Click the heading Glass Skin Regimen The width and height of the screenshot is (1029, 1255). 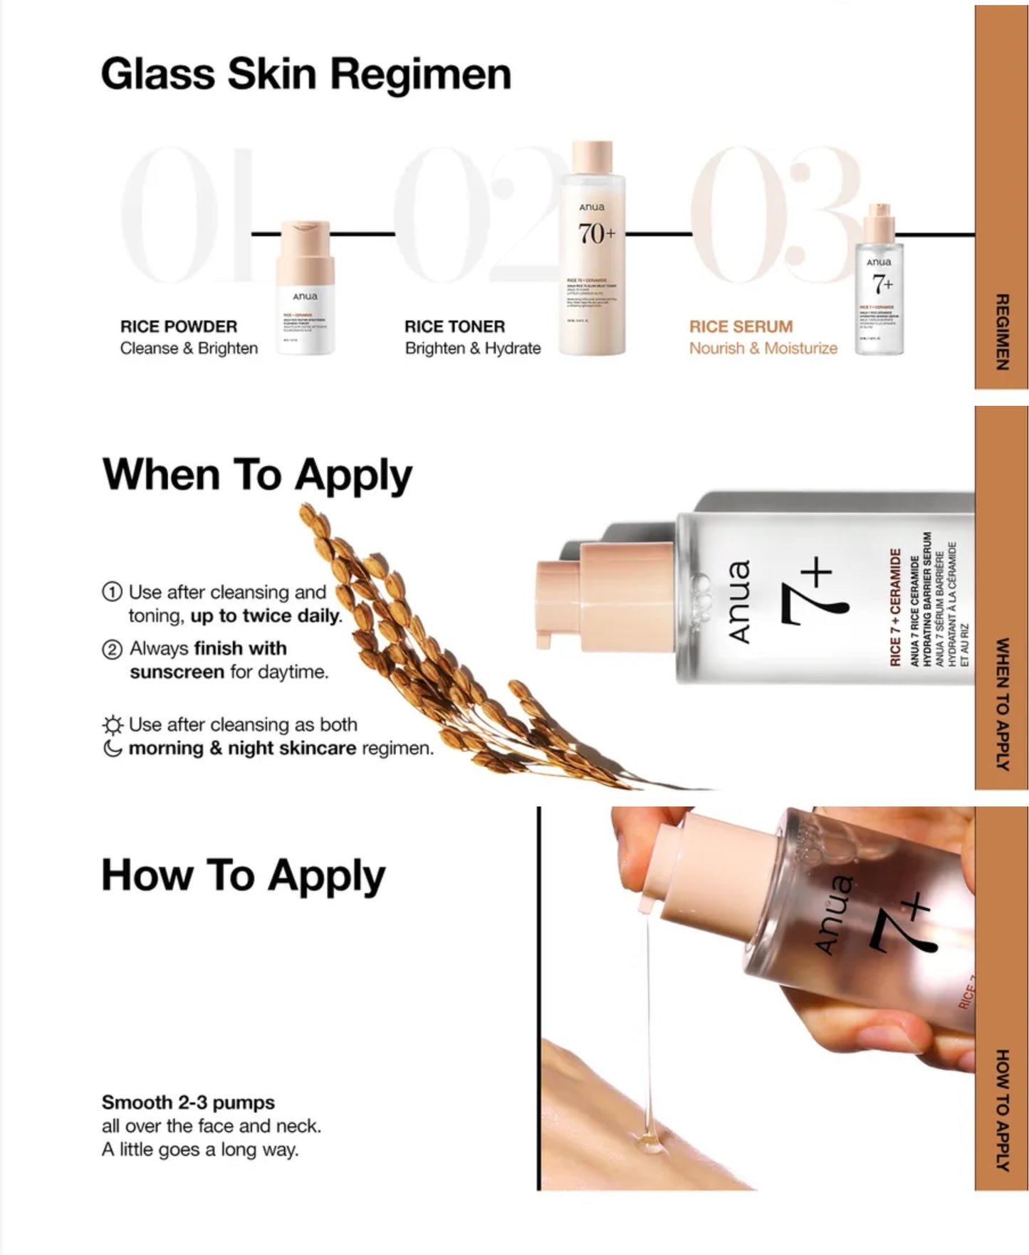point(305,74)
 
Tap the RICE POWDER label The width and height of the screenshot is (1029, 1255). point(178,327)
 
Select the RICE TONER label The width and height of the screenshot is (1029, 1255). point(454,327)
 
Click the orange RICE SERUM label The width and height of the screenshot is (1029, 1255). point(741,327)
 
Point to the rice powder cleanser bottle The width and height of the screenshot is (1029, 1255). point(305,288)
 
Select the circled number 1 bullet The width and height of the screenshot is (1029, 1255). point(112,592)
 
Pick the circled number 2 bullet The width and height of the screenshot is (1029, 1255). point(112,650)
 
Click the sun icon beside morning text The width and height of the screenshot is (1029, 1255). point(113,725)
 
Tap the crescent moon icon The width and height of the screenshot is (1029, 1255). point(113,749)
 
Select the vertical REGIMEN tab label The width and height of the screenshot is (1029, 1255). point(1001,332)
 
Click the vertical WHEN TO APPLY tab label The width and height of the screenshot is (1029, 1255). point(1001,704)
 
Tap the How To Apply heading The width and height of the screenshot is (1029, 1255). point(243,875)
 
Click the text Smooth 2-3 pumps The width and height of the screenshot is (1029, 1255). point(188,1103)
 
